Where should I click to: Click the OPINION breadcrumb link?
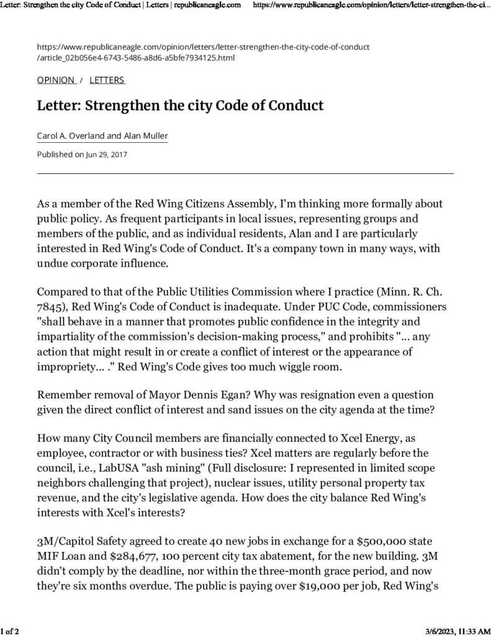[56, 80]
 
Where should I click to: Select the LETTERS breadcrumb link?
[107, 80]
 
